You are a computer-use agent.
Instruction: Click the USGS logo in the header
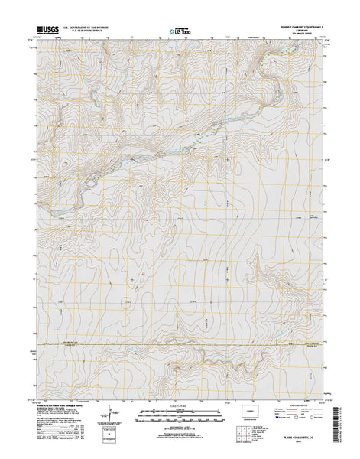(x=46, y=32)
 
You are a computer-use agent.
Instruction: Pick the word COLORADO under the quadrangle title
(x=294, y=31)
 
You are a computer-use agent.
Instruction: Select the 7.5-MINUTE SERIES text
(x=294, y=35)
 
